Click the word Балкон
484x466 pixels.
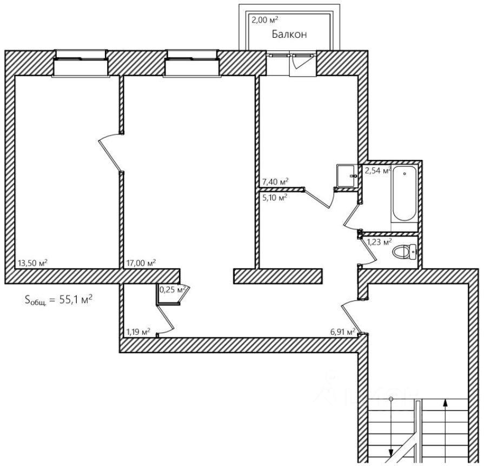tap(289, 35)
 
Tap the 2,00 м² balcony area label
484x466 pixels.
tap(264, 21)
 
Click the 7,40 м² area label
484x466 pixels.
tap(275, 182)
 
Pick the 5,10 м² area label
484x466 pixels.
tap(274, 197)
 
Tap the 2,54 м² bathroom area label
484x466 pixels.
tap(377, 171)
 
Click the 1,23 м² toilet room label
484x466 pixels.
tap(379, 242)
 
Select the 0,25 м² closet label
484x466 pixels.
tap(173, 290)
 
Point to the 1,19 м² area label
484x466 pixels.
tap(138, 332)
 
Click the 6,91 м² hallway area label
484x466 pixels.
tap(342, 332)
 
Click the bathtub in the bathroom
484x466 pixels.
tap(405, 195)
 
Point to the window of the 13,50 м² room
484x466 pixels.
tap(81, 64)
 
